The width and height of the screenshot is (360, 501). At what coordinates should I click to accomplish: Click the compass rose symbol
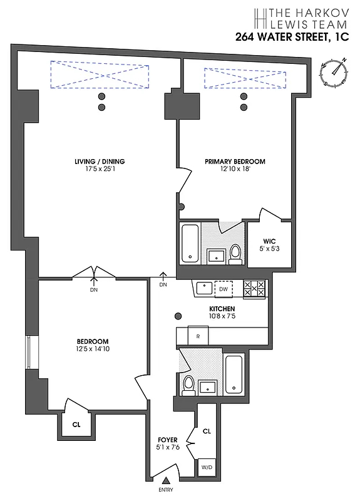[335, 72]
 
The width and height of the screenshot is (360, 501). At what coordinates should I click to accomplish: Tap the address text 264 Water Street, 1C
[292, 36]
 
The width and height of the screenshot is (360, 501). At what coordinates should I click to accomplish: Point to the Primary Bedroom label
[235, 161]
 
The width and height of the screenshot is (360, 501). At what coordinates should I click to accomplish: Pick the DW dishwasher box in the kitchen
[223, 289]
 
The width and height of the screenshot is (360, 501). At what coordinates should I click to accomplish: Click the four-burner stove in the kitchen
[254, 289]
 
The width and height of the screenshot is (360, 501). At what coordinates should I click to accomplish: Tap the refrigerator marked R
[198, 336]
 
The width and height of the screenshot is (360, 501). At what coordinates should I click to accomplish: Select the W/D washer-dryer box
[207, 467]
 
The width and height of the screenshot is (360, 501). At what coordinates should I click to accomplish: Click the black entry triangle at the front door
[165, 480]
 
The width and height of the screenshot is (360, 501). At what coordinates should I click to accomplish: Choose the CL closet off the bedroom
[76, 424]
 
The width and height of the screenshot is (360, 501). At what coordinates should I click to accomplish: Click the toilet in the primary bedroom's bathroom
[235, 252]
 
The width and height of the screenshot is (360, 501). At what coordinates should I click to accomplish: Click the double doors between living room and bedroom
[94, 274]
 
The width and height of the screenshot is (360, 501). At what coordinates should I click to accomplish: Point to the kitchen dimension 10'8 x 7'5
[222, 318]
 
